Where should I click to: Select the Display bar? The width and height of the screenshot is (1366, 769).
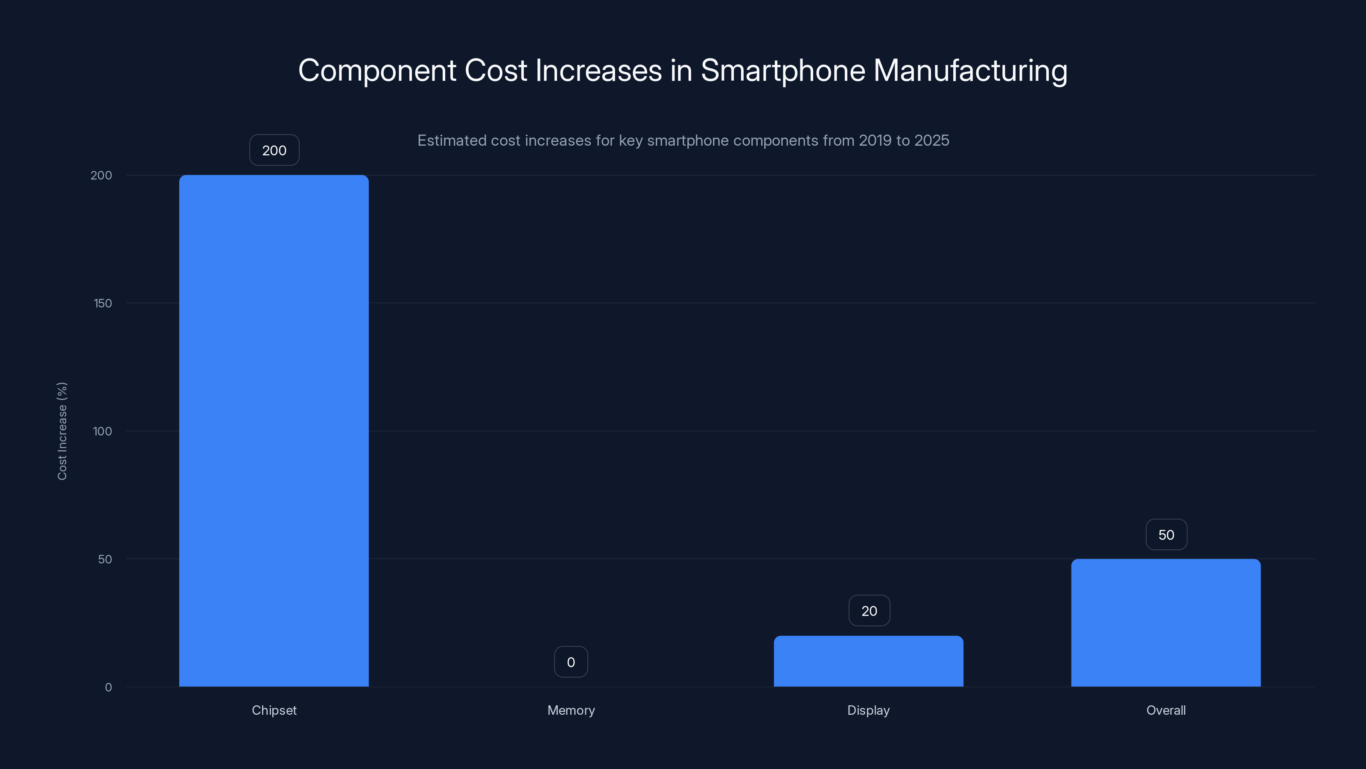click(868, 661)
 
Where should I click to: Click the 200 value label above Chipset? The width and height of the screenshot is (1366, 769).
click(274, 150)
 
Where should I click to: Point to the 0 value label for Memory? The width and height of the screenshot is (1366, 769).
click(571, 662)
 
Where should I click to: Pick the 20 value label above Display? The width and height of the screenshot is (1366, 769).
click(869, 611)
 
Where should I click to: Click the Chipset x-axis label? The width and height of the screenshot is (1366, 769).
click(274, 710)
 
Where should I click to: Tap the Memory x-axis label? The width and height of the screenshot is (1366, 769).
click(571, 710)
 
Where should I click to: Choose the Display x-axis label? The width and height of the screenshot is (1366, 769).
click(868, 710)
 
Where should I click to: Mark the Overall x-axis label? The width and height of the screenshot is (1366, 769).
click(1165, 710)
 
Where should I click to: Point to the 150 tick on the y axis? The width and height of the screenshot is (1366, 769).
click(102, 303)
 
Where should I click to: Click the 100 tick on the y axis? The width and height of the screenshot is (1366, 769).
click(102, 431)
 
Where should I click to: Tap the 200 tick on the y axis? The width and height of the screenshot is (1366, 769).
click(101, 175)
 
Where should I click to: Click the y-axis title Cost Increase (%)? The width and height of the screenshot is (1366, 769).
click(62, 431)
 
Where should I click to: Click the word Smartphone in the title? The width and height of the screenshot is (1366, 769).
click(783, 70)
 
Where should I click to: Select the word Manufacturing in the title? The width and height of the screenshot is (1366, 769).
click(970, 70)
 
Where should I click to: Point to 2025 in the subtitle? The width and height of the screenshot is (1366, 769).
click(931, 140)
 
